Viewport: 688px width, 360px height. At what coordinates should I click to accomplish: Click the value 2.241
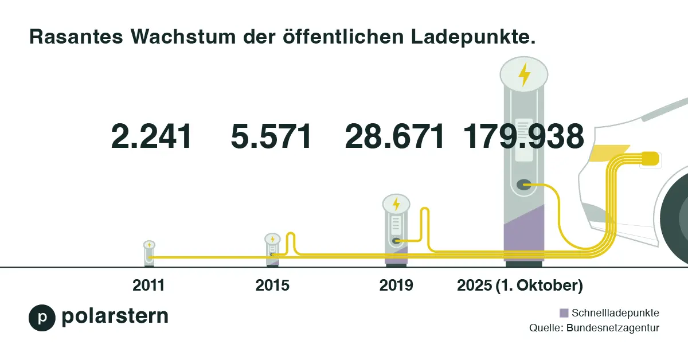151,137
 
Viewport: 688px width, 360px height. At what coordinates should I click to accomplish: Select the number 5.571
271,137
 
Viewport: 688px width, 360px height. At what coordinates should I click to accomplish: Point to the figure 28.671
394,137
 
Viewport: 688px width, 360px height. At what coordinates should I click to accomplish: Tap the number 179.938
523,137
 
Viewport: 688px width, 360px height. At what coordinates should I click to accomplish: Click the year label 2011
148,285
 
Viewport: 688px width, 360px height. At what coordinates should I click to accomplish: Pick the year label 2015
272,285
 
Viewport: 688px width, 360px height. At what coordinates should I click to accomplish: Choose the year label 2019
396,285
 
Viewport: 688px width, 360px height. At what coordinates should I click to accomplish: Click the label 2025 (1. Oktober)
520,285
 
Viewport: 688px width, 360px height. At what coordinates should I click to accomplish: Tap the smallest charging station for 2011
149,253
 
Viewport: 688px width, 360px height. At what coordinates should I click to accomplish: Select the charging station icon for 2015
272,249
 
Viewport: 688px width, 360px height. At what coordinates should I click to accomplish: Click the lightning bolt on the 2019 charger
396,204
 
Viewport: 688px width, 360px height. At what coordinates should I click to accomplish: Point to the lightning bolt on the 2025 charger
524,74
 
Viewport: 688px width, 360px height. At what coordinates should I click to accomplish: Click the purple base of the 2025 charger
523,235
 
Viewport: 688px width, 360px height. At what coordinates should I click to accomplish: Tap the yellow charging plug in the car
650,159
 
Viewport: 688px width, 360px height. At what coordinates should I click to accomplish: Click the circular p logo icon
42,318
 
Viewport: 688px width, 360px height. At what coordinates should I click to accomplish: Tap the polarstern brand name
115,316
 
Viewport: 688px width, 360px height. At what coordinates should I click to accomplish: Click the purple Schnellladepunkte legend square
564,313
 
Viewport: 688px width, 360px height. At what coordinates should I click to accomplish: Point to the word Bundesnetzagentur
613,328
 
